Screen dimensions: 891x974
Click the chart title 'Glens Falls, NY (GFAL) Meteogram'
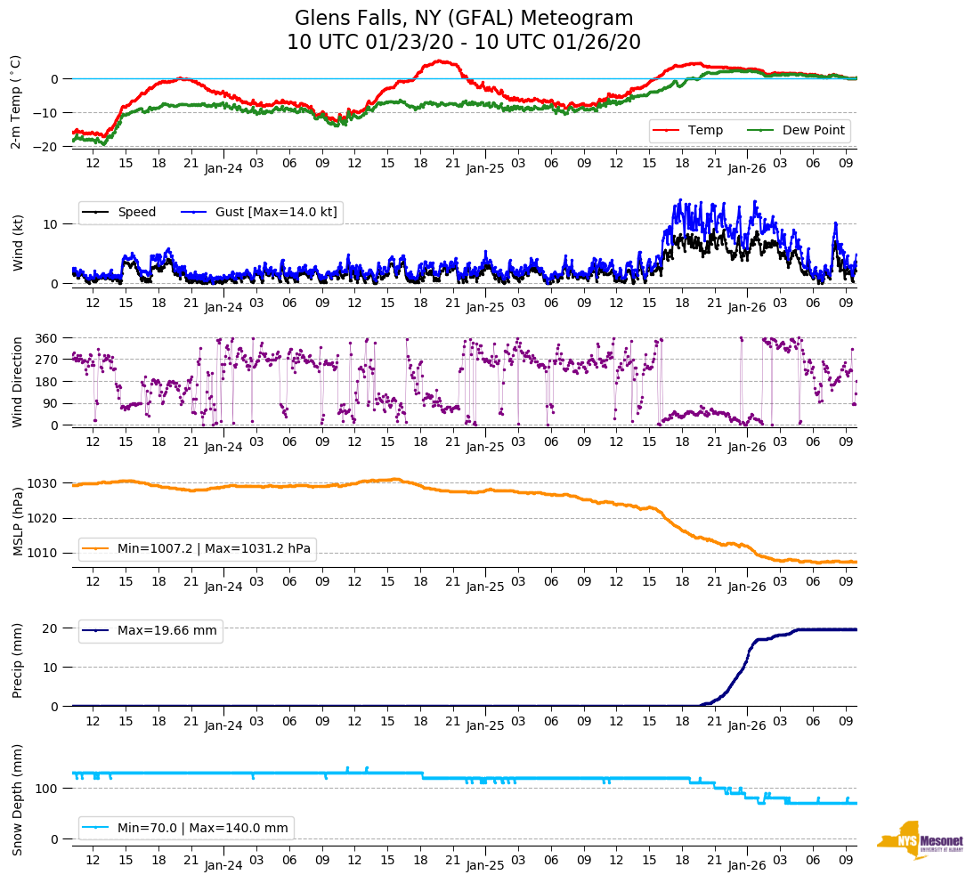[x=464, y=19]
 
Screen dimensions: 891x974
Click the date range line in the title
[x=464, y=43]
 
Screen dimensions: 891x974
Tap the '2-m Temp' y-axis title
[x=16, y=101]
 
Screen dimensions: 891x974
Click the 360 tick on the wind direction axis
[x=45, y=338]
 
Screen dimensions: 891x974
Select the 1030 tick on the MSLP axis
[x=43, y=483]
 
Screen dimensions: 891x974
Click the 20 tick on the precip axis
[x=52, y=628]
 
